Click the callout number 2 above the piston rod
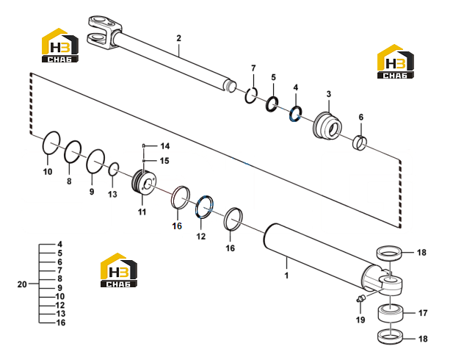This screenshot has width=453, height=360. (179, 38)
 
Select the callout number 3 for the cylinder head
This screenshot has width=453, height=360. (329, 94)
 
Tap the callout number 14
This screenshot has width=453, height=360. (165, 146)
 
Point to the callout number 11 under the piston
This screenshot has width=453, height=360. (142, 212)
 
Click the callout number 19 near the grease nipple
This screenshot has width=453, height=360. (360, 320)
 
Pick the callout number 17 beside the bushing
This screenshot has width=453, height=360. (423, 313)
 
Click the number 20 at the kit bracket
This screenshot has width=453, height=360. (22, 284)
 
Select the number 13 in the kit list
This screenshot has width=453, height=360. (61, 314)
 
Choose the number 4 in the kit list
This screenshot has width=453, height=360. (59, 245)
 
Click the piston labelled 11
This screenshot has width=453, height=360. (144, 183)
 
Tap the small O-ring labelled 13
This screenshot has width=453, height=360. (114, 169)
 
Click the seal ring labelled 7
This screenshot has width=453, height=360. (251, 95)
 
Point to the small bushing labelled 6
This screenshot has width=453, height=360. (360, 143)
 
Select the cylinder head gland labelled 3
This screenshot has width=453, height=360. (327, 126)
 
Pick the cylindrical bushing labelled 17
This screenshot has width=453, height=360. (391, 313)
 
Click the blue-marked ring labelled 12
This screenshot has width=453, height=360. (205, 206)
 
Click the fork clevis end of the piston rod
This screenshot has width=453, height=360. (104, 32)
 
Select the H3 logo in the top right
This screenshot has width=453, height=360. (396, 61)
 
